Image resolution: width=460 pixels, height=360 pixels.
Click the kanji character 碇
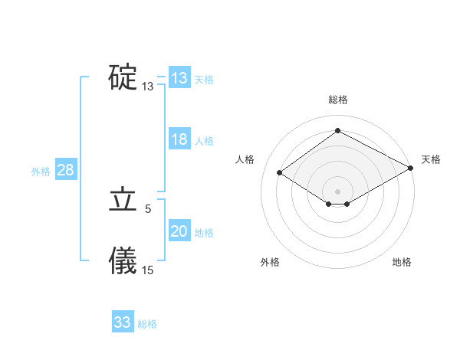click(123, 77)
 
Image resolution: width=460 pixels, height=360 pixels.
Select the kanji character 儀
click(123, 261)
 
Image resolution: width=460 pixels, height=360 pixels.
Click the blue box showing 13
click(179, 78)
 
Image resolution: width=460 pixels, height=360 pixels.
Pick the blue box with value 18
click(179, 139)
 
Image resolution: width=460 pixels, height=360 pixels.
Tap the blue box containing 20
click(179, 231)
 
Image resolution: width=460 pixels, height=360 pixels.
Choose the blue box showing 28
click(65, 170)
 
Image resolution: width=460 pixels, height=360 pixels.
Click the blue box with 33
click(123, 322)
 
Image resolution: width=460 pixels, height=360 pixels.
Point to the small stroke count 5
click(148, 208)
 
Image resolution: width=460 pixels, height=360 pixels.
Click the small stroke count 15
click(148, 270)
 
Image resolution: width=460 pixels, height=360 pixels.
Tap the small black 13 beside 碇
click(148, 87)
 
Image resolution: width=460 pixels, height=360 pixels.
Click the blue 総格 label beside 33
click(147, 324)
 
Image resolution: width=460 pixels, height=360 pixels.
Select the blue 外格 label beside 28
click(41, 172)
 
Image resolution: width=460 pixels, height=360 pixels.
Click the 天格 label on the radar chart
click(431, 159)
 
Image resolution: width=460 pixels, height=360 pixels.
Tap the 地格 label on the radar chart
click(402, 262)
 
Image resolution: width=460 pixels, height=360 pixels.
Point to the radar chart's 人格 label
click(245, 159)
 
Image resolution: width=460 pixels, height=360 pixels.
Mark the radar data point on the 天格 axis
click(412, 168)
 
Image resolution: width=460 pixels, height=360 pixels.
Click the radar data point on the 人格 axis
click(279, 173)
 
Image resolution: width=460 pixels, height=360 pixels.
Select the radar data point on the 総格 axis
click(337, 130)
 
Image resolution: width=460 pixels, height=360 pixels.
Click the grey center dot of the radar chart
click(337, 191)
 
